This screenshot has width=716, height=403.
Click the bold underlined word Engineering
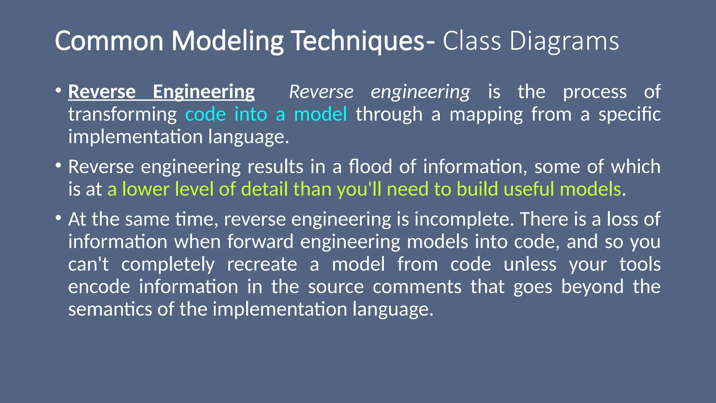pyautogui.click(x=203, y=92)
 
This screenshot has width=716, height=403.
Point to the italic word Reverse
pyautogui.click(x=321, y=92)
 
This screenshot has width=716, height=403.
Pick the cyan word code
pyautogui.click(x=205, y=115)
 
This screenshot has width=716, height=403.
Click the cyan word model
pyautogui.click(x=320, y=115)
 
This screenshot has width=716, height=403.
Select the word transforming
pyautogui.click(x=122, y=115)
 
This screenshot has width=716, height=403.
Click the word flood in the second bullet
pyautogui.click(x=370, y=167)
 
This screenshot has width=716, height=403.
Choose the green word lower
pyautogui.click(x=145, y=189)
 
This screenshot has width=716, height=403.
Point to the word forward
pyautogui.click(x=260, y=242)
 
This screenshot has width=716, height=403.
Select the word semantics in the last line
pyautogui.click(x=110, y=310)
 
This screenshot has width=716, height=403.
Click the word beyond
pyautogui.click(x=592, y=287)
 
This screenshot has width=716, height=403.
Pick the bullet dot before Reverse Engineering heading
pyautogui.click(x=58, y=90)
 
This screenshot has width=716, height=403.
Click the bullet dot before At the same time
pyautogui.click(x=58, y=218)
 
